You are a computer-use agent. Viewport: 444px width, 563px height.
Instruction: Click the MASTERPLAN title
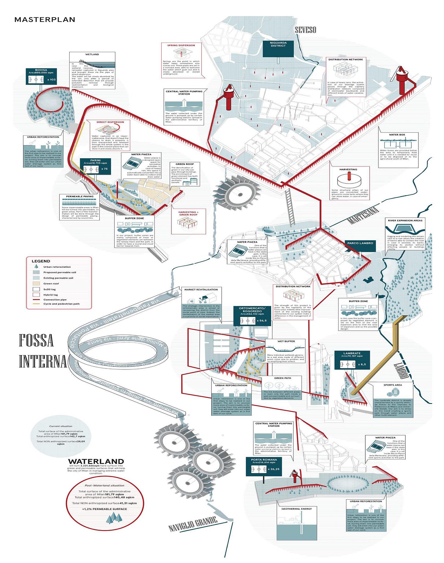click(x=45, y=20)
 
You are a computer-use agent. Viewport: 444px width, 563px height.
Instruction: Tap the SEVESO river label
click(x=305, y=30)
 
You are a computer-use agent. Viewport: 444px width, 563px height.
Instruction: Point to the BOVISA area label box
click(x=41, y=76)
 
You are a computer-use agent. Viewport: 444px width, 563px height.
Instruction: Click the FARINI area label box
click(x=95, y=166)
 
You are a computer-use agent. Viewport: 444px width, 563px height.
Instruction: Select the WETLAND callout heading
click(x=92, y=54)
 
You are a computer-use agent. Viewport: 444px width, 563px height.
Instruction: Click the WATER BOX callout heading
click(x=397, y=134)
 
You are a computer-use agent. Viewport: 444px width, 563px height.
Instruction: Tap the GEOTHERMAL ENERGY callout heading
click(x=296, y=509)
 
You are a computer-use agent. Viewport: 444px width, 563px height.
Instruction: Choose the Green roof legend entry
click(x=51, y=283)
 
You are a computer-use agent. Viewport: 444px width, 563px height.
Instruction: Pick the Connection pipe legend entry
click(x=55, y=300)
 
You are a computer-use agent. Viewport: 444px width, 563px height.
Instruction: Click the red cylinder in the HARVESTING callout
click(x=349, y=176)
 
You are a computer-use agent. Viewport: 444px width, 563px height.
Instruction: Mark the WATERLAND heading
click(x=96, y=461)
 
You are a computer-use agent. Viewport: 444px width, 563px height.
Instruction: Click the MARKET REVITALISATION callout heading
click(x=201, y=290)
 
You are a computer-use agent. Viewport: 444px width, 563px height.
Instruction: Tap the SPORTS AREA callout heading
click(x=392, y=385)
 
